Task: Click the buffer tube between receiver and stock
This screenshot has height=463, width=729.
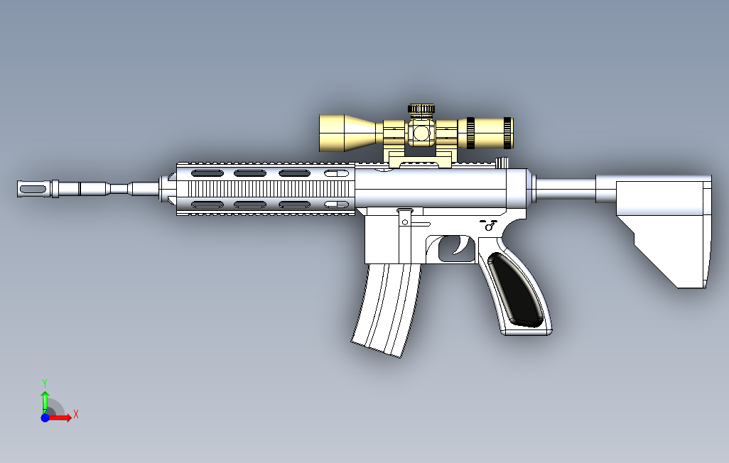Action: (x=565, y=187)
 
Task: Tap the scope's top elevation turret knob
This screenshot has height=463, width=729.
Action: (x=421, y=109)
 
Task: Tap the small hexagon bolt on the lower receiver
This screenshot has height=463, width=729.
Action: (x=405, y=222)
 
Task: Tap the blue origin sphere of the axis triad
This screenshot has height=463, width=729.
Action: (x=45, y=418)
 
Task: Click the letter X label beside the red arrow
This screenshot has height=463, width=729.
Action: (x=75, y=413)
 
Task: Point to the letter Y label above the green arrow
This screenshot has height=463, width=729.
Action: (x=44, y=382)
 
